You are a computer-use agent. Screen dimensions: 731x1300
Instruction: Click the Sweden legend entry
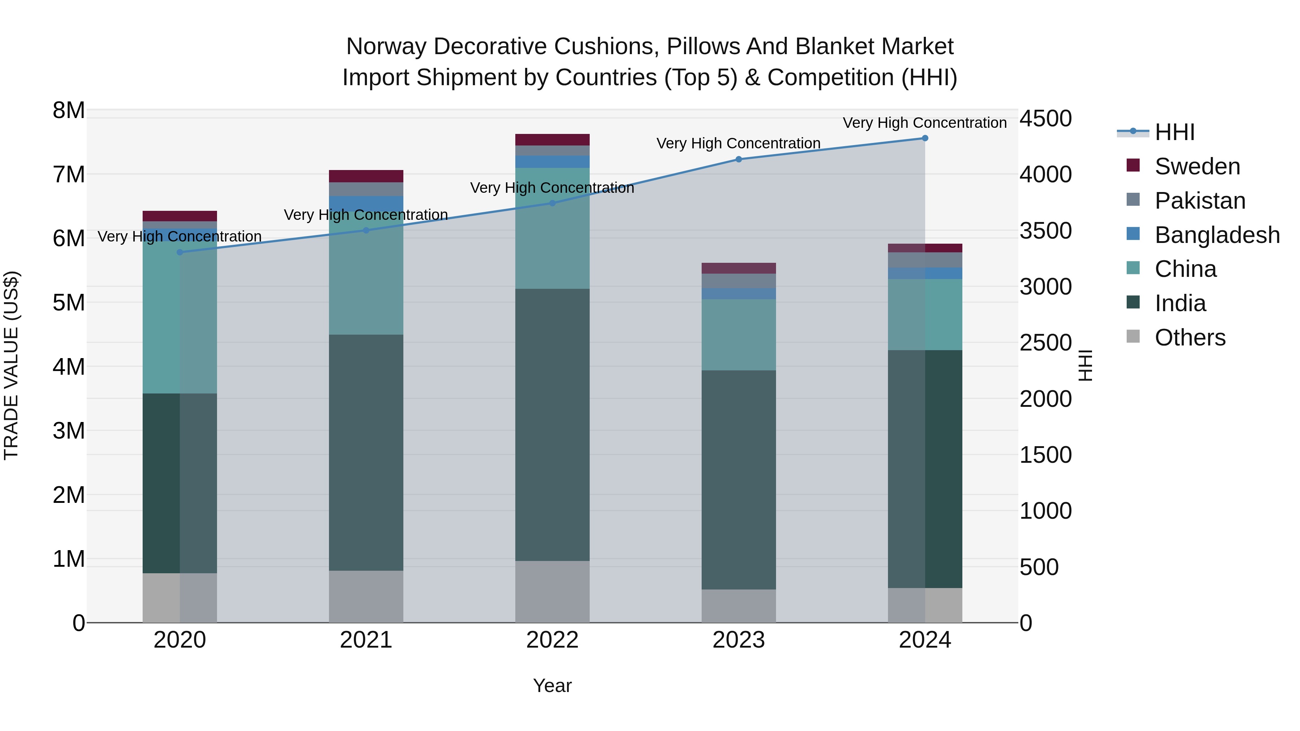1197,166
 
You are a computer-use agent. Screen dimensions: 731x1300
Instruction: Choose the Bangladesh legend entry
1217,235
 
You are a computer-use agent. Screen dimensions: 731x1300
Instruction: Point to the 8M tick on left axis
69,110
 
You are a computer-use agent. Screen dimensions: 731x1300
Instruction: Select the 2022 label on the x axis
552,640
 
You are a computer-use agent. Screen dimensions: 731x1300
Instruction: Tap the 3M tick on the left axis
69,430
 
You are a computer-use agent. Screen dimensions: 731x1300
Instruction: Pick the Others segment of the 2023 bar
738,605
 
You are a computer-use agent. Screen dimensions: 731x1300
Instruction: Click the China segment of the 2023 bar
738,335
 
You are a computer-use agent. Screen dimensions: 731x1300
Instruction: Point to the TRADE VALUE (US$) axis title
11,365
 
